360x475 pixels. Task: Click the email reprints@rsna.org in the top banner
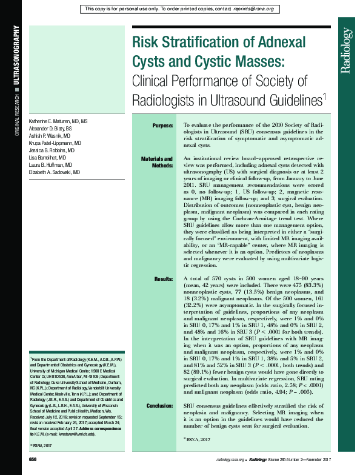coord(254,9)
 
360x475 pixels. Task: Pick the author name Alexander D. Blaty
coord(52,129)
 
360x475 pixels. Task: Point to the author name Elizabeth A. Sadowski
coord(55,172)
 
